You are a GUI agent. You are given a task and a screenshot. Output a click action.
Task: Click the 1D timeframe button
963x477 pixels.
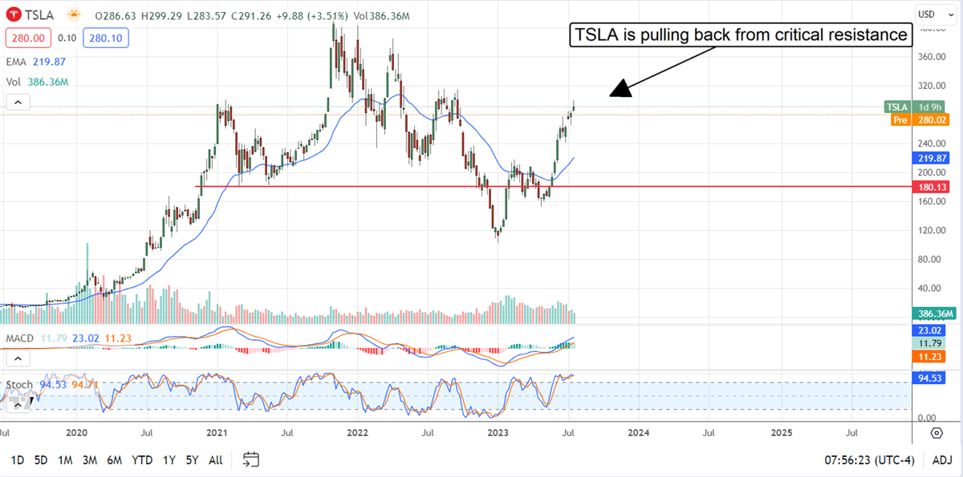tap(17, 460)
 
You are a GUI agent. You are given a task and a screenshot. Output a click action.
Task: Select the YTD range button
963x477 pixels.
tap(143, 460)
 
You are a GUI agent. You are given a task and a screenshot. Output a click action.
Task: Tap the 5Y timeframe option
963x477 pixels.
tap(193, 460)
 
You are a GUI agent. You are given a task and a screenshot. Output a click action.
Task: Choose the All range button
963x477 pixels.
tap(216, 460)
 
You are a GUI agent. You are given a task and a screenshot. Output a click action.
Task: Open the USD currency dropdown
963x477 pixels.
tap(929, 14)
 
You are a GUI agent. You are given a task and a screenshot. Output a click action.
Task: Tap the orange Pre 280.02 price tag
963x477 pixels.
tap(921, 120)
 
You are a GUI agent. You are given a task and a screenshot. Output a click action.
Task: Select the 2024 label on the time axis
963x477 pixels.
tap(639, 433)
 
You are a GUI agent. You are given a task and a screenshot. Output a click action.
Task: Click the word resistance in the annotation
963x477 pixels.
tap(870, 34)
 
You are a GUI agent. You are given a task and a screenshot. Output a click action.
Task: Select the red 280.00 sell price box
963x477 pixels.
tap(28, 38)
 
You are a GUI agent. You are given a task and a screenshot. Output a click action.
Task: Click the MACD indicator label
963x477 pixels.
tap(19, 338)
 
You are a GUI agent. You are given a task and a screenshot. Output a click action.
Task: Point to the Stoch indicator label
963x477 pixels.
tap(19, 385)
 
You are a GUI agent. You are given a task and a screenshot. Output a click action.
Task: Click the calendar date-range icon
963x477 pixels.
tap(251, 459)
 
